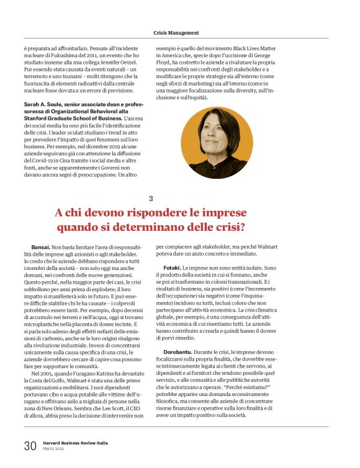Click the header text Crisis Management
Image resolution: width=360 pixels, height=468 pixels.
coord(176,32)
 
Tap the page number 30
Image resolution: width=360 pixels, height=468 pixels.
coord(30,445)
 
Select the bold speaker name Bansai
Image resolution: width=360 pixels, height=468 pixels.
coord(41,247)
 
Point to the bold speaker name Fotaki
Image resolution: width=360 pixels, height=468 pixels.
coord(171,267)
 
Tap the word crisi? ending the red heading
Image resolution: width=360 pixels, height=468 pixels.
coord(227,227)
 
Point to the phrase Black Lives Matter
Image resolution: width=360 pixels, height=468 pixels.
coord(276,47)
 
